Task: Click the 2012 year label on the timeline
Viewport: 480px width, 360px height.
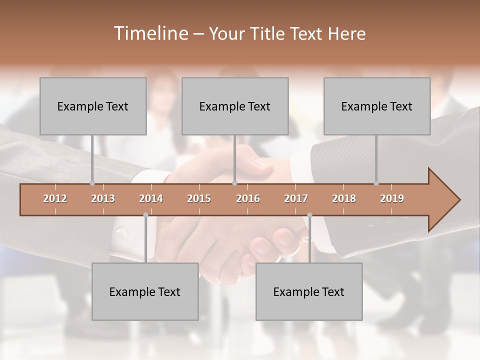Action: pyautogui.click(x=55, y=198)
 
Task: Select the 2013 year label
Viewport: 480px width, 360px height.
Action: pyautogui.click(x=103, y=198)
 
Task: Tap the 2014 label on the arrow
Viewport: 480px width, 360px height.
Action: pyautogui.click(x=151, y=198)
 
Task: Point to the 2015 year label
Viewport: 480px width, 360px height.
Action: pyautogui.click(x=199, y=198)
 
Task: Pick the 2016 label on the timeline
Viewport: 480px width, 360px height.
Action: pyautogui.click(x=248, y=198)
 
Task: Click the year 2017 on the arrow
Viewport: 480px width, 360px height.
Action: pyautogui.click(x=296, y=198)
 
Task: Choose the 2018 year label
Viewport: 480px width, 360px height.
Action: pyautogui.click(x=344, y=198)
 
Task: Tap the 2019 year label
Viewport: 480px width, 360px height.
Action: pyautogui.click(x=392, y=198)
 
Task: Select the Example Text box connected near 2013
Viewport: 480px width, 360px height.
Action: pyautogui.click(x=93, y=106)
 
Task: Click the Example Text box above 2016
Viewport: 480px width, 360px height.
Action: pyautogui.click(x=235, y=106)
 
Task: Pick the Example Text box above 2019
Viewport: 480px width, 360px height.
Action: pyautogui.click(x=377, y=106)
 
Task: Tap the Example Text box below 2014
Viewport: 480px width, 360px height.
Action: pyautogui.click(x=145, y=291)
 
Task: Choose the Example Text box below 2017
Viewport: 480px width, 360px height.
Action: pyautogui.click(x=309, y=291)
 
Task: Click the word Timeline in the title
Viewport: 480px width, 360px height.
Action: pyautogui.click(x=150, y=33)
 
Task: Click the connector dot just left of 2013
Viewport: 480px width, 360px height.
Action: pyautogui.click(x=92, y=183)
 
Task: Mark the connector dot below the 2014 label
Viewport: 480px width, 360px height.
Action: pyautogui.click(x=145, y=215)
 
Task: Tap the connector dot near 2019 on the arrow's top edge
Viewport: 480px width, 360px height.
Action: pyautogui.click(x=376, y=183)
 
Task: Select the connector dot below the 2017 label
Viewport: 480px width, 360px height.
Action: pyautogui.click(x=309, y=215)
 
